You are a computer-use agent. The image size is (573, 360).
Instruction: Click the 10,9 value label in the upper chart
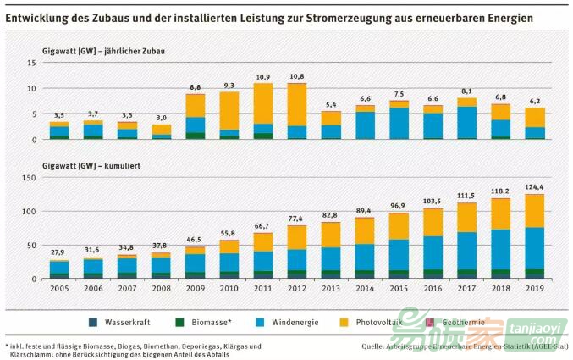(x=262, y=77)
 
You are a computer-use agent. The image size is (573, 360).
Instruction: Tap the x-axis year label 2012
(x=297, y=289)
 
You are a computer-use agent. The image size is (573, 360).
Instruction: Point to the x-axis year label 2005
(x=58, y=289)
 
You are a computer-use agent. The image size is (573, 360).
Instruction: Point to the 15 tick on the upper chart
(x=30, y=63)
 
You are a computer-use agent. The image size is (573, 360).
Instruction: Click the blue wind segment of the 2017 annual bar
(x=466, y=122)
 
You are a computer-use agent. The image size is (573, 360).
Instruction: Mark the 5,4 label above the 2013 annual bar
(x=331, y=105)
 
